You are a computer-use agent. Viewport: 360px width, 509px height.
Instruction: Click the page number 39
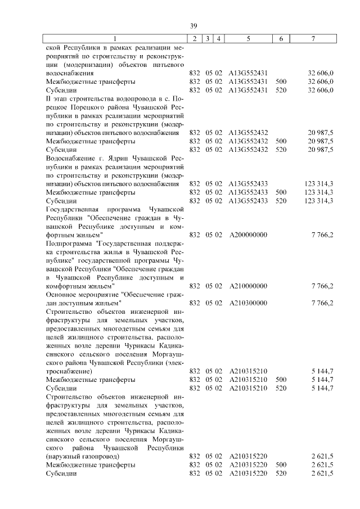(x=193, y=26)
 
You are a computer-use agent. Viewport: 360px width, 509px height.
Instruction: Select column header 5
(x=248, y=39)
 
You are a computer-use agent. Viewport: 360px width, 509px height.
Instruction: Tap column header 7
(x=313, y=39)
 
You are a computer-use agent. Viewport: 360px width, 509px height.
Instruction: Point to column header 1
(x=115, y=39)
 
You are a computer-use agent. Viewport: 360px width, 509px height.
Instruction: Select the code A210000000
(x=248, y=286)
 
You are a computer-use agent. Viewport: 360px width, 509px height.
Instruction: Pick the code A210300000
(x=248, y=303)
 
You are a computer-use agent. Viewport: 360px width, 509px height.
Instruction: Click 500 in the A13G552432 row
(x=281, y=141)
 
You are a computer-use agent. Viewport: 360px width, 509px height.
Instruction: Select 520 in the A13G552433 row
(x=281, y=201)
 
